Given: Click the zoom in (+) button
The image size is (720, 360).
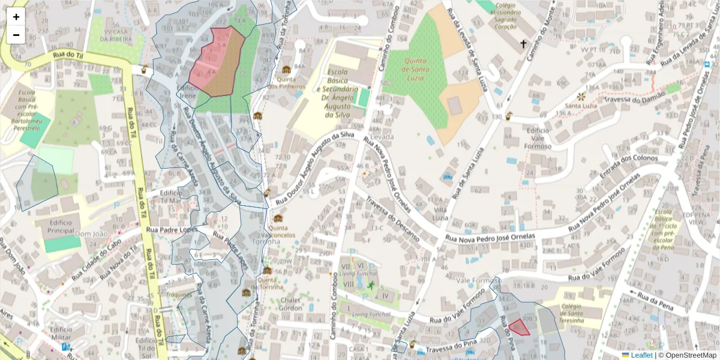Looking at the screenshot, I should pyautogui.click(x=16, y=17).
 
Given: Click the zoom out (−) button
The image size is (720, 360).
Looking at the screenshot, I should pyautogui.click(x=16, y=35).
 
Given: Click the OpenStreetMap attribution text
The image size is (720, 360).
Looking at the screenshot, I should pyautogui.click(x=689, y=355).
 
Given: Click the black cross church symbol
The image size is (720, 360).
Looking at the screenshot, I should pyautogui.click(x=523, y=44).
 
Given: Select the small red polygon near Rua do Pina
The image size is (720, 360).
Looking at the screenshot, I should pyautogui.click(x=519, y=327).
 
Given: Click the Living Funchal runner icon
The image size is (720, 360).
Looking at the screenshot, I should pyautogui.click(x=371, y=286).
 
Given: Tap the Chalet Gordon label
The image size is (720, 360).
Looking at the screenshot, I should pyautogui.click(x=290, y=304).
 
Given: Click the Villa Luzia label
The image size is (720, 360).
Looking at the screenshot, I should pyautogui.click(x=442, y=214).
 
